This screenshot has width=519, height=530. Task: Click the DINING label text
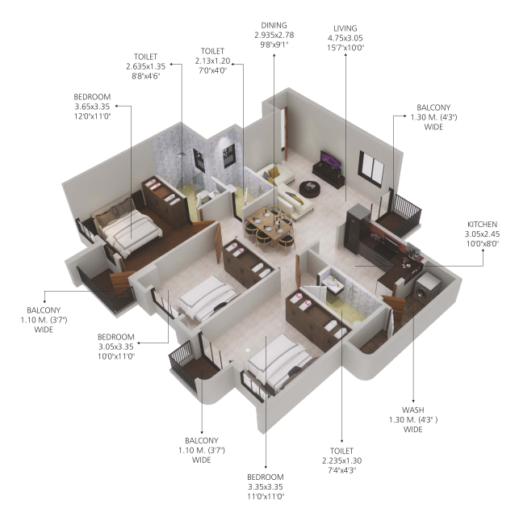tap(274, 25)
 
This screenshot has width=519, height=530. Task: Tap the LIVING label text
tap(345, 28)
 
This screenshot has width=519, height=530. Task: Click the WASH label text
tap(412, 410)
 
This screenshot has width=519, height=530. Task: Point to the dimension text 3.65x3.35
tap(92, 107)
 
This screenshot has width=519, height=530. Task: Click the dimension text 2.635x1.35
tap(145, 66)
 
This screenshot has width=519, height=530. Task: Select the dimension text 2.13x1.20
tap(212, 61)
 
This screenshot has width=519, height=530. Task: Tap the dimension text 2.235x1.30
tap(341, 461)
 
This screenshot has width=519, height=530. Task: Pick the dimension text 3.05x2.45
tap(482, 234)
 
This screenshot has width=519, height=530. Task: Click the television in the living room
tap(331, 159)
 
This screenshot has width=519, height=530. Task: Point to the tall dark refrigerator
tap(358, 229)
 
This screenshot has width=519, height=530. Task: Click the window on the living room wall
tap(371, 169)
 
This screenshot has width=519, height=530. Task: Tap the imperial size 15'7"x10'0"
tap(345, 48)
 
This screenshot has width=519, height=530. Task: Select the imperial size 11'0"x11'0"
tap(266, 497)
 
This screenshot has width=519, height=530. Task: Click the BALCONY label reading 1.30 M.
tap(433, 117)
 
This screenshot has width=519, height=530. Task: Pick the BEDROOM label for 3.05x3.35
tap(115, 337)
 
